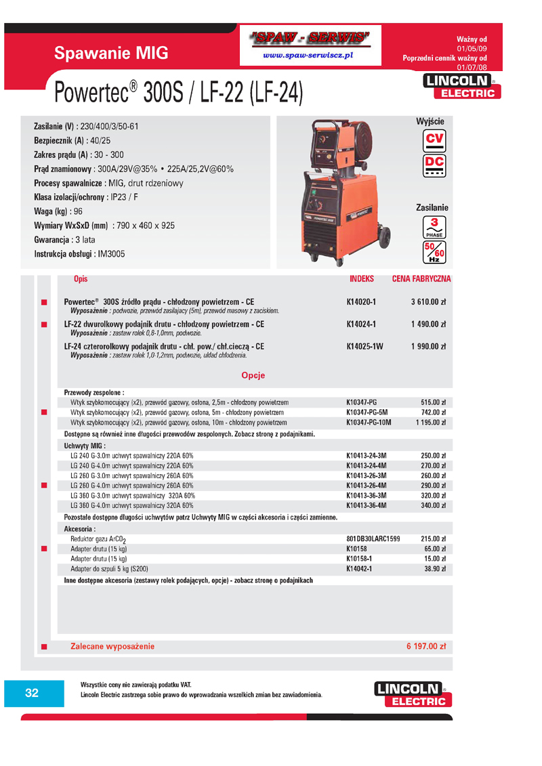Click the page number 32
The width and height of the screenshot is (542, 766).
[x=32, y=692]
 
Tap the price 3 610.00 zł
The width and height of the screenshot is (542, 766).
[x=428, y=302]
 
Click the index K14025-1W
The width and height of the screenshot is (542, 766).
[x=364, y=347]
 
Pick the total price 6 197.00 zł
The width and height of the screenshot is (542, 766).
[x=426, y=646]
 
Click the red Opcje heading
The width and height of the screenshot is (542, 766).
[x=253, y=375]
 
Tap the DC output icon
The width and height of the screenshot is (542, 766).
[x=433, y=165]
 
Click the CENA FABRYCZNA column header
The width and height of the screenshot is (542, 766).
[x=421, y=279]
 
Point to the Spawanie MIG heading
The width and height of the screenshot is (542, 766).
[x=111, y=54]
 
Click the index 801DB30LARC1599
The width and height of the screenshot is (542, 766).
[x=373, y=539]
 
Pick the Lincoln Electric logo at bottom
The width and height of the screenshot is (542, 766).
[x=412, y=694]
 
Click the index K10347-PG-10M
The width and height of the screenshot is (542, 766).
[x=369, y=422]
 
